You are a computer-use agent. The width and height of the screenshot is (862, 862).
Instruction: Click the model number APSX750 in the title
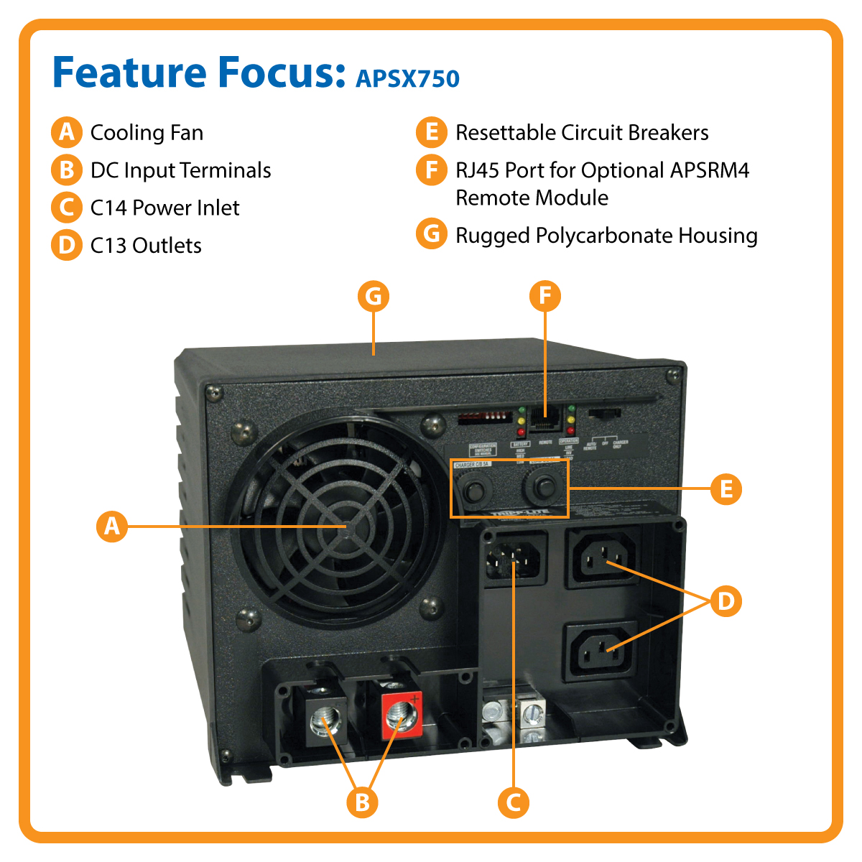point(407,78)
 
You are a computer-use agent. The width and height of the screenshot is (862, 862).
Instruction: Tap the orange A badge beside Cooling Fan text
point(66,132)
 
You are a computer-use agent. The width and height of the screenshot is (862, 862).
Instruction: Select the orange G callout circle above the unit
point(374,297)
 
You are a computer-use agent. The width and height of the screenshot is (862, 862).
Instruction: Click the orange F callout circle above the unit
point(544,297)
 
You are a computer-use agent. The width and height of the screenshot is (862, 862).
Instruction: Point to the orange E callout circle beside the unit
point(726,489)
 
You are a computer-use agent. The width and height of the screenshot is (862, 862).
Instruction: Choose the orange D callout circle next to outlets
point(726,601)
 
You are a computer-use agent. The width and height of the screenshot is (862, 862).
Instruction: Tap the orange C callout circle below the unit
point(513,802)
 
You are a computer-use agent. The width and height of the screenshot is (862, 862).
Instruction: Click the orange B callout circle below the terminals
point(362,802)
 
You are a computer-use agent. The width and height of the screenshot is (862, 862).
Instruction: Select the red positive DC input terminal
point(399,715)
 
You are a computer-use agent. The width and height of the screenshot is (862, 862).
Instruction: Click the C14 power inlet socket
point(513,557)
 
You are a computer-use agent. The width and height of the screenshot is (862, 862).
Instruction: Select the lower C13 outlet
point(601,651)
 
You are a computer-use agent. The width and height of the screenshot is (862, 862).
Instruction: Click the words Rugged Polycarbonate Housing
point(606,236)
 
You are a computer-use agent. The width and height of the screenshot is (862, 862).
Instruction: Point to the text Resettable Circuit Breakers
point(582,133)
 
